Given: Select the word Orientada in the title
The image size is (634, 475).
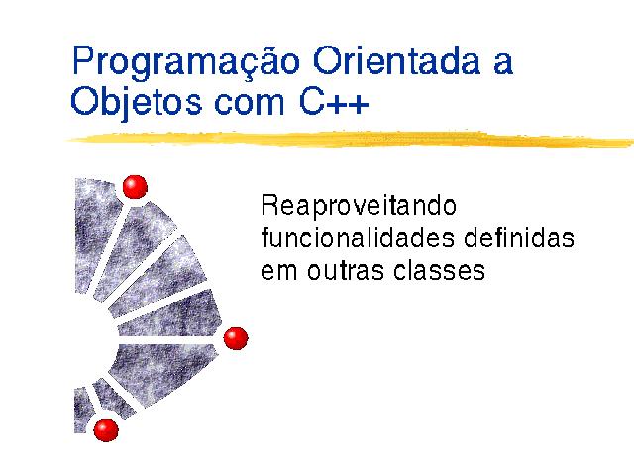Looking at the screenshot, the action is point(396,60).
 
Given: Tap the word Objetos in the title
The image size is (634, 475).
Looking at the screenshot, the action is point(136,103).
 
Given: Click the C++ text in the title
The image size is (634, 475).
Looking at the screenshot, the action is point(334,101).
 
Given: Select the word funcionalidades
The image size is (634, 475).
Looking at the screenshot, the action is point(358,237).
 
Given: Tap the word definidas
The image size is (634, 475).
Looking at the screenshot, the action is point(519,237).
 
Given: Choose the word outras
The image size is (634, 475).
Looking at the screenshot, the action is point(346,270).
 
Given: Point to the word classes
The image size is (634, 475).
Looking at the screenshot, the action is point(439,270).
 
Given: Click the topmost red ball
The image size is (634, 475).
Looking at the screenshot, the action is point(135,187).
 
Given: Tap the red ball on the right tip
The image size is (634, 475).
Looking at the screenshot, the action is point(236,338).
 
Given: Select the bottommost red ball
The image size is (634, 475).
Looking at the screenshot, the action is point(106,429).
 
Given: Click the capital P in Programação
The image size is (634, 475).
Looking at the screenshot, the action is point(85,60).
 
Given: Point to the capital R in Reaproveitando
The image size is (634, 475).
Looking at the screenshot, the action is point(270,205).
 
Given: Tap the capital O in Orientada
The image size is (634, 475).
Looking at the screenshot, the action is point(328,60).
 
